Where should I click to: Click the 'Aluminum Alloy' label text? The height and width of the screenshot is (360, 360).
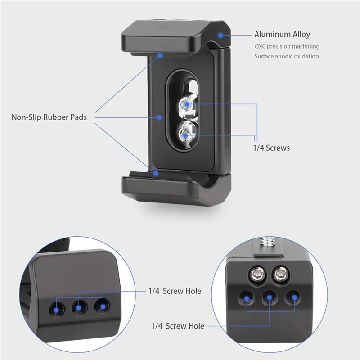(x=282, y=35)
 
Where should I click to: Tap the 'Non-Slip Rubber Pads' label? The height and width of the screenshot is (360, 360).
(x=49, y=117)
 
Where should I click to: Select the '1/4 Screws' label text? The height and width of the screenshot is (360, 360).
(x=271, y=148)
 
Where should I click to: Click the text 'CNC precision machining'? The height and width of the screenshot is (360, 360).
(x=287, y=46)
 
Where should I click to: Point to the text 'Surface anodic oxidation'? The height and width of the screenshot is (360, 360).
(x=286, y=57)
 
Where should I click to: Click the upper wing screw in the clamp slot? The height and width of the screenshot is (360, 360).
(x=186, y=105)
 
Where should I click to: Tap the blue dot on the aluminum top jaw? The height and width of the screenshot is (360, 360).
(x=220, y=35)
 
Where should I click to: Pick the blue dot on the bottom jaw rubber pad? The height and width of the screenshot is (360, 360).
(x=156, y=172)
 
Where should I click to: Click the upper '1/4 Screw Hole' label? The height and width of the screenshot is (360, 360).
(x=175, y=291)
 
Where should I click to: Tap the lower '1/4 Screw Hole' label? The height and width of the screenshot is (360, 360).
(x=178, y=326)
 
